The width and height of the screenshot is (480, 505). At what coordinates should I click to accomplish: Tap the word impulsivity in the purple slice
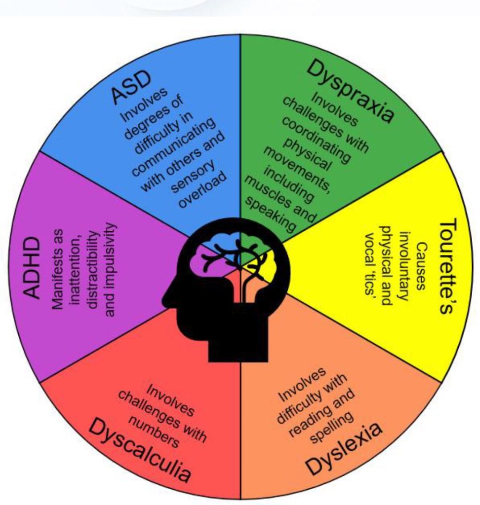[x=111, y=269]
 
